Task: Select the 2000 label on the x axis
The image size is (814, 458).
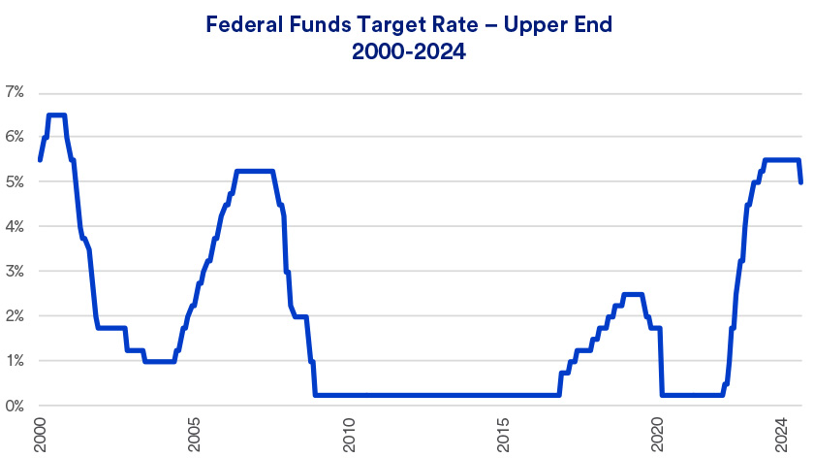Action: pos(40,432)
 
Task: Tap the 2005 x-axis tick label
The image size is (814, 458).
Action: pos(195,432)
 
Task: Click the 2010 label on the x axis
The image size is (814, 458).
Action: pos(349,432)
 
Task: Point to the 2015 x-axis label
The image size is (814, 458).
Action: pos(503,432)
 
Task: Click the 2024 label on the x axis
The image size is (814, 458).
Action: pos(781,432)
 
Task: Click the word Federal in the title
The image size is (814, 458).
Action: pos(242,26)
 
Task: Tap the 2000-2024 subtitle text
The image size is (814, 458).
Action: pos(407,53)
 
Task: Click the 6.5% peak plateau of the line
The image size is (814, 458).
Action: pos(56,115)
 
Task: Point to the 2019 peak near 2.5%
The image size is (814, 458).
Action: pos(632,294)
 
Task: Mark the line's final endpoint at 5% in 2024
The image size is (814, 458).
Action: pos(800,182)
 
